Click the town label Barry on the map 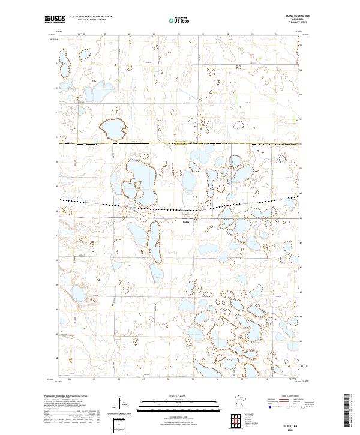pyautogui.click(x=186, y=220)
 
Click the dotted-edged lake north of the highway pyautogui.click(x=112, y=128)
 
